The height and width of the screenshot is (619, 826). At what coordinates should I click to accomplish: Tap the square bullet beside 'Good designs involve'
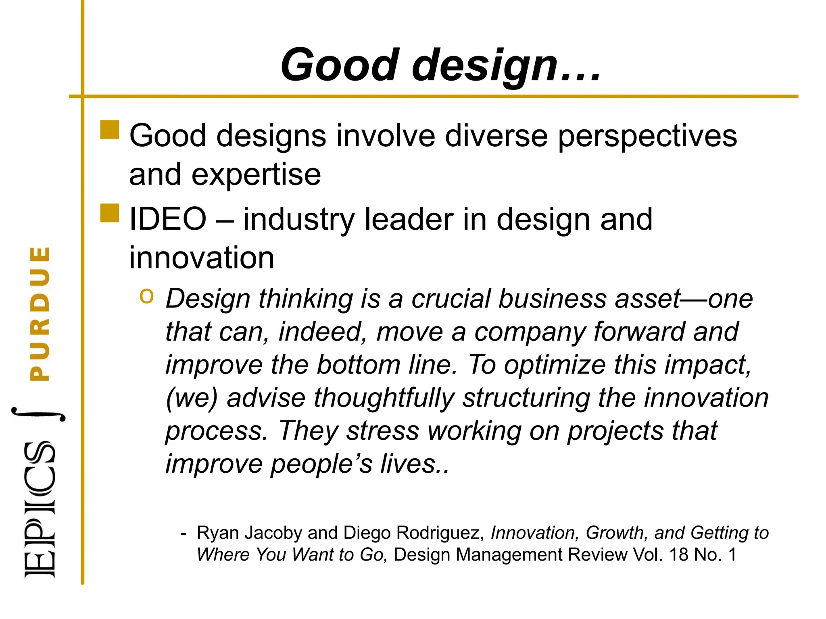pos(110,130)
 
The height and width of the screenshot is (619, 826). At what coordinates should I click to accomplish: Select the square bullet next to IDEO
pos(110,213)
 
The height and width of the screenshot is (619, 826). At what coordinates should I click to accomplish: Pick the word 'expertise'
pos(256,176)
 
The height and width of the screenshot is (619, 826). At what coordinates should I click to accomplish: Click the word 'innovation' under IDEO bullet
pos(202,258)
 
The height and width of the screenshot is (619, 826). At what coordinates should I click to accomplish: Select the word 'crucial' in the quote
pos(451,299)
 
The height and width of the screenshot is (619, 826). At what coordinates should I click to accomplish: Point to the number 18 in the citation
pos(679,555)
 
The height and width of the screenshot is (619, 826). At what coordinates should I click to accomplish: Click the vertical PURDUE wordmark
pos(40,314)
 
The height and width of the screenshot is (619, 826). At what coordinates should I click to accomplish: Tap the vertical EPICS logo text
pos(40,510)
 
